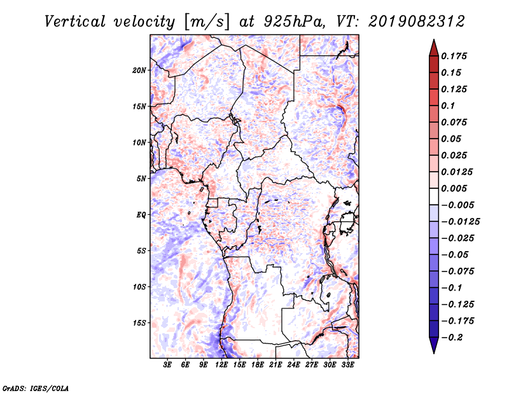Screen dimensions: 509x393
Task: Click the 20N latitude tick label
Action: [139, 71]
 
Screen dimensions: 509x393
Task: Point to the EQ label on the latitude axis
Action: [141, 215]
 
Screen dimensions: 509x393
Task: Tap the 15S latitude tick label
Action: [139, 323]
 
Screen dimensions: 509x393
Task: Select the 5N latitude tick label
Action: [141, 179]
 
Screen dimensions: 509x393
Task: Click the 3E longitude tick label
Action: [167, 365]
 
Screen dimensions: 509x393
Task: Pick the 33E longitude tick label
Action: [347, 365]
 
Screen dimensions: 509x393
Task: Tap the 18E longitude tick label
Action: [258, 365]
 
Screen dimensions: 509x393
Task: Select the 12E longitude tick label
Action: [221, 365]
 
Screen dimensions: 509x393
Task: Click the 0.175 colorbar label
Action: [454, 56]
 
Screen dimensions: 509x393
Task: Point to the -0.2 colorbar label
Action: [452, 338]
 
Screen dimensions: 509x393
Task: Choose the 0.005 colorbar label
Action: [454, 188]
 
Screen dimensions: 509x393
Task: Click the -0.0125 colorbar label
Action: [460, 222]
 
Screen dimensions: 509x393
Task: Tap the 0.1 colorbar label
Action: [448, 106]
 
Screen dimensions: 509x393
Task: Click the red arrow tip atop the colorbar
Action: [434, 39]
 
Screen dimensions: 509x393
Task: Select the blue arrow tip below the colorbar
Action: [434, 353]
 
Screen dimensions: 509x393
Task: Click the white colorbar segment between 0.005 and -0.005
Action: [434, 197]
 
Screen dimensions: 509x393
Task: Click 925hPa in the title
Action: [294, 22]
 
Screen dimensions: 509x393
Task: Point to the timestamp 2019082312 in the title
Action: [417, 22]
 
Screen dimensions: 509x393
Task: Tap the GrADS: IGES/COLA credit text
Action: [36, 389]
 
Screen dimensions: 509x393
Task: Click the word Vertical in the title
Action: [75, 22]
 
